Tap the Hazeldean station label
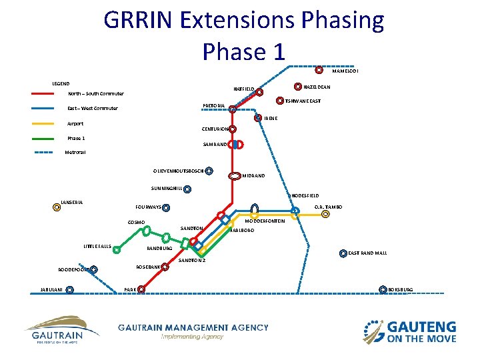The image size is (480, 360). click(317, 87)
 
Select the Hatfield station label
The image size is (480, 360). click(243, 88)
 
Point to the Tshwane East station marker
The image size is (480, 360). click(279, 101)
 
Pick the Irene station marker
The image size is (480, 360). click(258, 118)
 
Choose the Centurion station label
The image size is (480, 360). click(214, 129)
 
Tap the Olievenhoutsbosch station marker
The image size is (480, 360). click(209, 171)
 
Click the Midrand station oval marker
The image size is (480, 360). click(235, 176)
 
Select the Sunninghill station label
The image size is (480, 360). click(166, 189)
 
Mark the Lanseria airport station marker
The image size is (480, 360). click(57, 207)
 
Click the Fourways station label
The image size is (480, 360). click(148, 207)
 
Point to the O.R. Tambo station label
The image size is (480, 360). click(328, 207)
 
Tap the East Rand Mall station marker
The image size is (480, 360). click(343, 253)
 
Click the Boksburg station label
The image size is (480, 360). click(401, 289)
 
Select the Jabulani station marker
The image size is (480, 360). click(70, 290)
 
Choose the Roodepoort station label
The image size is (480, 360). click(73, 271)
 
